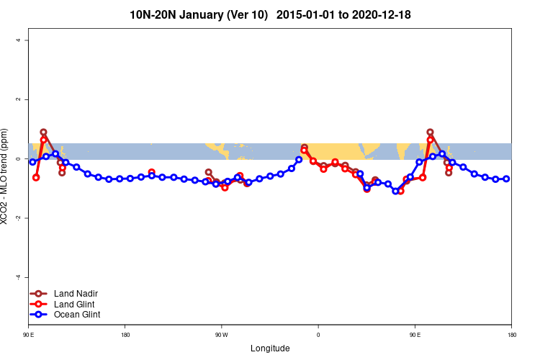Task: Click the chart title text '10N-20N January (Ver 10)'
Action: pyautogui.click(x=199, y=14)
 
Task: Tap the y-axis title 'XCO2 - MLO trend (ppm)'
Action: pyautogui.click(x=6, y=176)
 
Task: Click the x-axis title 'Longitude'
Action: pyautogui.click(x=270, y=348)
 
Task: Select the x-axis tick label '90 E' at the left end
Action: pyautogui.click(x=30, y=335)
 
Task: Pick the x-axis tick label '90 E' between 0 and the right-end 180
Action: pyautogui.click(x=415, y=335)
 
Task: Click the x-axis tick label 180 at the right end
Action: pyautogui.click(x=510, y=335)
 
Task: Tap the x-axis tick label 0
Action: pyautogui.click(x=318, y=335)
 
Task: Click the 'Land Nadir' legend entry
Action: pyautogui.click(x=76, y=294)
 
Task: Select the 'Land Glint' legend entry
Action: pyautogui.click(x=75, y=304)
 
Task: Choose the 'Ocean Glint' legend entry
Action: pyautogui.click(x=77, y=314)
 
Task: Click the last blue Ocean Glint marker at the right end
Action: pyautogui.click(x=506, y=179)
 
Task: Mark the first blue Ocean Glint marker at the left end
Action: pyautogui.click(x=32, y=162)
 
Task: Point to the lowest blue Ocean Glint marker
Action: pyautogui.click(x=395, y=191)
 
